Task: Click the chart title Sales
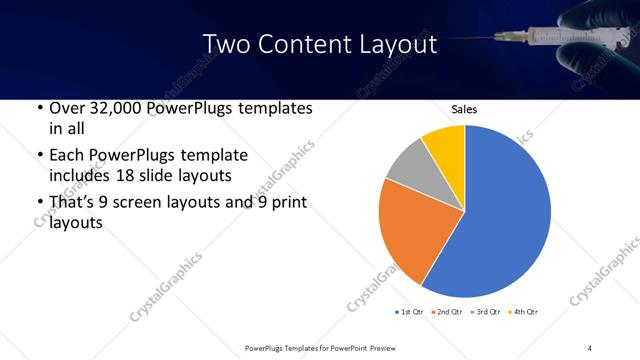[464, 109]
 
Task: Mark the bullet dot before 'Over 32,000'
[38, 108]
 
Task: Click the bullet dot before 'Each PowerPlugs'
[38, 156]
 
